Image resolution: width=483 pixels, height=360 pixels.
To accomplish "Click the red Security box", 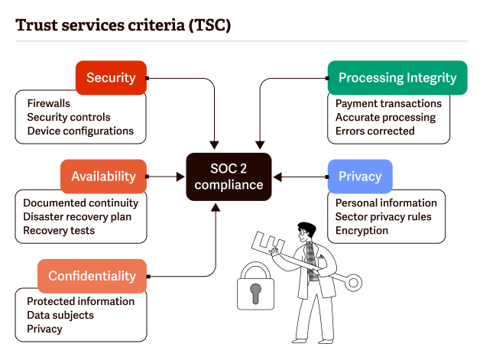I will tap(111, 77).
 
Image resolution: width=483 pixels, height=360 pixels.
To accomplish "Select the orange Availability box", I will tap(103, 176).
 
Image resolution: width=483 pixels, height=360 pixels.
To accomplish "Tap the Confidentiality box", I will tap(92, 276).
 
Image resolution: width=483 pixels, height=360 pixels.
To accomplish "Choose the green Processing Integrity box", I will tap(397, 77).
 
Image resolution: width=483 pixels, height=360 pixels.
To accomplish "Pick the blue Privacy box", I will tap(360, 176).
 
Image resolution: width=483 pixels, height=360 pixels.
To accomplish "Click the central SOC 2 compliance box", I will tap(229, 176).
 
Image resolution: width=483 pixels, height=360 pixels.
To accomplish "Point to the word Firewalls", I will tap(49, 103).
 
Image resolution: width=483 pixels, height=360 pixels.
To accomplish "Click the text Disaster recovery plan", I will tap(77, 216).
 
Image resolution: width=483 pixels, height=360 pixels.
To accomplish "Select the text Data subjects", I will tap(60, 315).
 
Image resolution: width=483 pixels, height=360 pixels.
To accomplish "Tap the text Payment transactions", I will tap(388, 103).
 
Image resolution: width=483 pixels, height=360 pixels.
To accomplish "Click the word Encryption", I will tap(361, 230).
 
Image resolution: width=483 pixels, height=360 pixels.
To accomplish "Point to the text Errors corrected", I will tap(374, 131).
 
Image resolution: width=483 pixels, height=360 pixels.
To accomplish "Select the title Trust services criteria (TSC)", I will tap(123, 24).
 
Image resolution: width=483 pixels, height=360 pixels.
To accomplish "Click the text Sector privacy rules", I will tap(383, 216).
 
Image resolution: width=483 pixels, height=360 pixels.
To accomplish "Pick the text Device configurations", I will tap(80, 131).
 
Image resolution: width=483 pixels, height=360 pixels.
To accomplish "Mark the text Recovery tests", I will tap(59, 230).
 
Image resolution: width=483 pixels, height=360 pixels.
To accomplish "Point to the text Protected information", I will tap(80, 301).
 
